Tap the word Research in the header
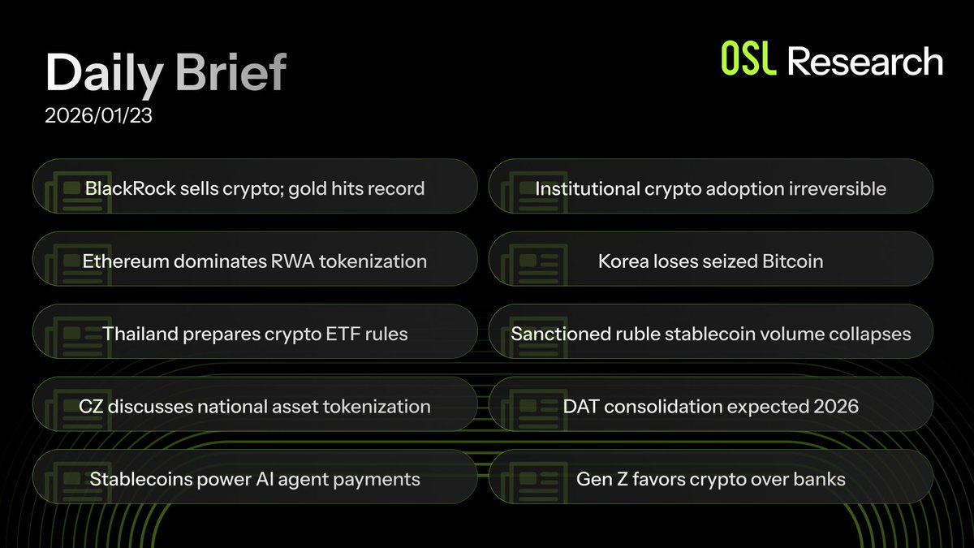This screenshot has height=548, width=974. coord(865,63)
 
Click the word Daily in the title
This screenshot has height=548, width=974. coord(105,75)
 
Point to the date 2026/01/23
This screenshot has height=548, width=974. coord(99,116)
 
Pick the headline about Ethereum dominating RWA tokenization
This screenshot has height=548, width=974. coord(255,261)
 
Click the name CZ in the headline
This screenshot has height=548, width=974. coord(91,406)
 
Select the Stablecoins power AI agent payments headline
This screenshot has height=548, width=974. coord(255,479)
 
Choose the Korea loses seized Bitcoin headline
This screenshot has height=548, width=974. coord(710,261)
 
